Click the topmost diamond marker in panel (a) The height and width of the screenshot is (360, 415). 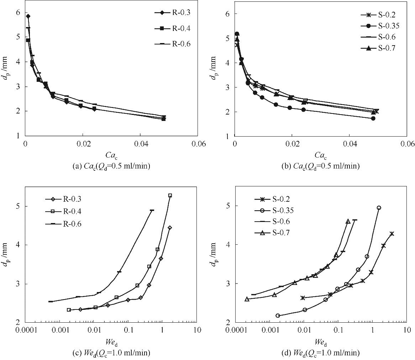(x=28, y=16)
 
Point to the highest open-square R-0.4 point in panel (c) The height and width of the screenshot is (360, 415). (x=170, y=195)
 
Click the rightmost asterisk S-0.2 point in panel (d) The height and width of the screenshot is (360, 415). (x=392, y=234)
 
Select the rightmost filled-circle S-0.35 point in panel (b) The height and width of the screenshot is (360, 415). (x=373, y=118)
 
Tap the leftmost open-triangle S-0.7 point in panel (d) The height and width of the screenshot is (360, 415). (x=247, y=299)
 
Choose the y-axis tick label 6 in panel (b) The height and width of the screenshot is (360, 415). (x=226, y=14)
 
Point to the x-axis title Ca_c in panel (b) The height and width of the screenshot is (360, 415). (x=321, y=155)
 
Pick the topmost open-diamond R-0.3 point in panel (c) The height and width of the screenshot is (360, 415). (x=170, y=228)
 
